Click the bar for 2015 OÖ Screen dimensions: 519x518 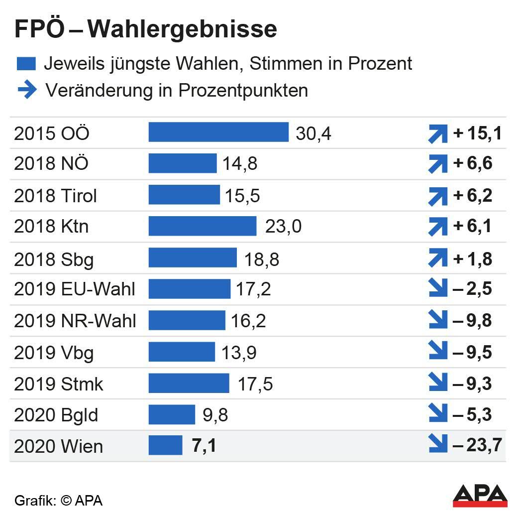tap(218, 132)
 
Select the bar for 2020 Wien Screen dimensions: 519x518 tap(165, 445)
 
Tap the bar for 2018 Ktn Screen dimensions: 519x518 tap(203, 226)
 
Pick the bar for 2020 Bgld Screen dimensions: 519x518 tap(172, 414)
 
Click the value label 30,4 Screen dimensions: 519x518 tap(313, 133)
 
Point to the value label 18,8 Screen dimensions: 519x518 tap(262, 259)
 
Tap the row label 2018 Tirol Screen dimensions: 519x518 tap(55, 196)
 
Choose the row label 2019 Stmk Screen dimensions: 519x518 tap(59, 384)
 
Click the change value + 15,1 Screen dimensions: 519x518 tap(477, 133)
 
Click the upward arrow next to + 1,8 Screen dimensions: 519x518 tap(438, 259)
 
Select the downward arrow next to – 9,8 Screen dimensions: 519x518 tap(438, 321)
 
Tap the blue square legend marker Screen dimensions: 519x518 tap(26, 64)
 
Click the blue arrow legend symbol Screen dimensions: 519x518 tap(27, 90)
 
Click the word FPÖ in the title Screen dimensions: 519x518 tap(39, 30)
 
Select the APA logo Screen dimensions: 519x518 tap(480, 495)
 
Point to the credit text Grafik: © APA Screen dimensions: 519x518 tap(58, 501)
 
